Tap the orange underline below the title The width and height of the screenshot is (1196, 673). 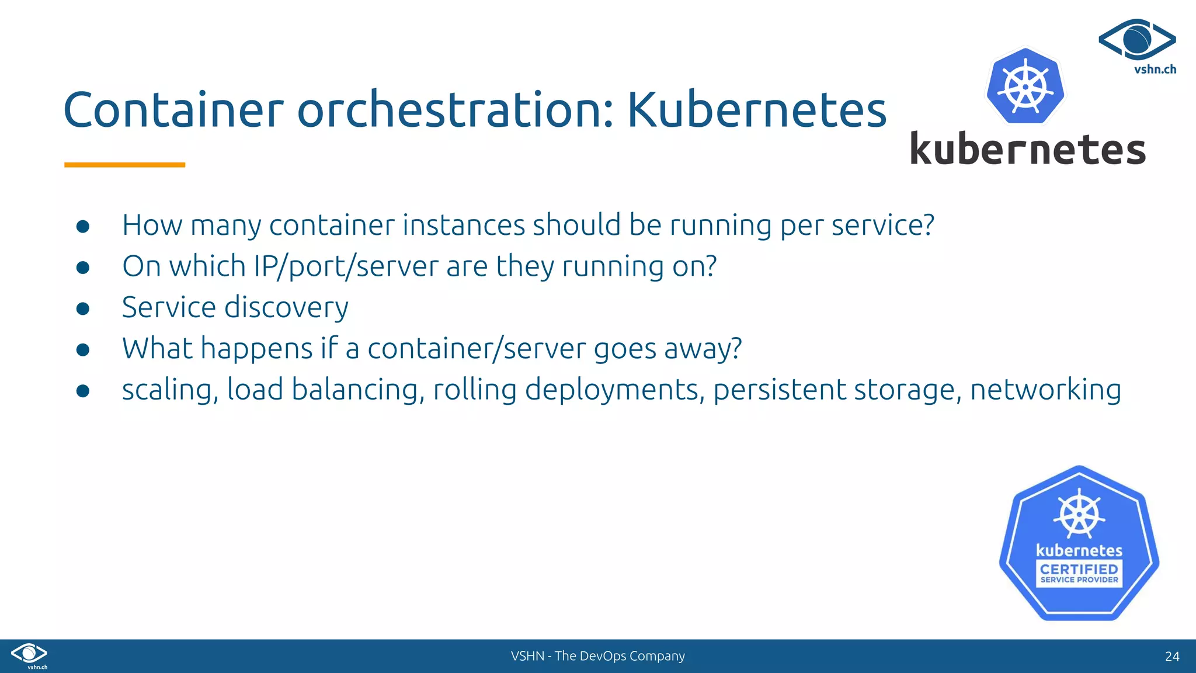[124, 165]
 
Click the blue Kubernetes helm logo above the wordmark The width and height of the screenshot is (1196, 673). [1025, 87]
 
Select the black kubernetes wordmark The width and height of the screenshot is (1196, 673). [1028, 150]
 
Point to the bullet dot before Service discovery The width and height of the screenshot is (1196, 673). [83, 308]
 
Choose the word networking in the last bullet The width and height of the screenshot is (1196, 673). [1045, 390]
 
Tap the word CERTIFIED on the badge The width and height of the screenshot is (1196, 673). [1079, 568]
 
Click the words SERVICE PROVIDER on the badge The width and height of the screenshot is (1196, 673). [1079, 580]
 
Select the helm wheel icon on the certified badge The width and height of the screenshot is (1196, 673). [1079, 514]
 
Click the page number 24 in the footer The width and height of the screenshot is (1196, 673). [1171, 657]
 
